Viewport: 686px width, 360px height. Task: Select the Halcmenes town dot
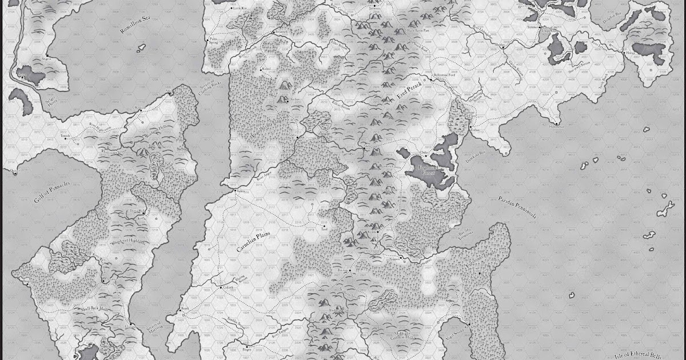(x=556, y=122)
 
